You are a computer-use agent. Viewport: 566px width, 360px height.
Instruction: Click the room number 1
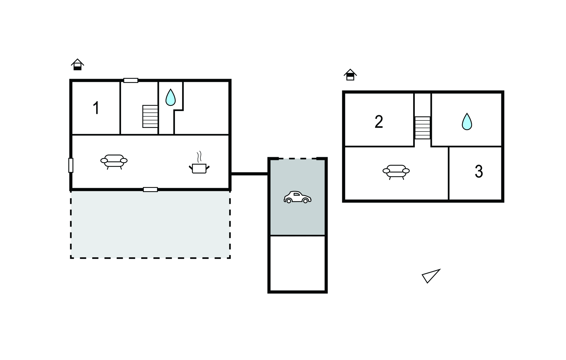click(x=96, y=108)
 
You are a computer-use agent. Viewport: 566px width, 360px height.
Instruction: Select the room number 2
click(x=379, y=122)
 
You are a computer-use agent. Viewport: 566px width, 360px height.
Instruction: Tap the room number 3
click(x=479, y=172)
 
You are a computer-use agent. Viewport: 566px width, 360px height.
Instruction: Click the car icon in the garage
click(x=297, y=197)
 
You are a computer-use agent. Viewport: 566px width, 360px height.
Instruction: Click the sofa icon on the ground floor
click(x=114, y=162)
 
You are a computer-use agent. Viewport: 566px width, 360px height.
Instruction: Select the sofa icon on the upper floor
click(x=396, y=172)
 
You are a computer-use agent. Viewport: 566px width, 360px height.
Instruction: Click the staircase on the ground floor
click(x=150, y=116)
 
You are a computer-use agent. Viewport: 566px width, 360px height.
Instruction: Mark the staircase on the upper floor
click(x=423, y=128)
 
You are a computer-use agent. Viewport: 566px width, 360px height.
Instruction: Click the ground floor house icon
click(x=77, y=65)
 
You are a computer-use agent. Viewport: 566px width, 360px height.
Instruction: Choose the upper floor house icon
click(x=350, y=75)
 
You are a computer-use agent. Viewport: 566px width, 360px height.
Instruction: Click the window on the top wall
click(x=131, y=80)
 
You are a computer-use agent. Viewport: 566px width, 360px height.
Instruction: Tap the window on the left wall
click(x=71, y=165)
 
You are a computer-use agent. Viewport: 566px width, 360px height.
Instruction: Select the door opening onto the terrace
click(x=150, y=190)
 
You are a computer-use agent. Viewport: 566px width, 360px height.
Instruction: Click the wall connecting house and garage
click(x=249, y=174)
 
